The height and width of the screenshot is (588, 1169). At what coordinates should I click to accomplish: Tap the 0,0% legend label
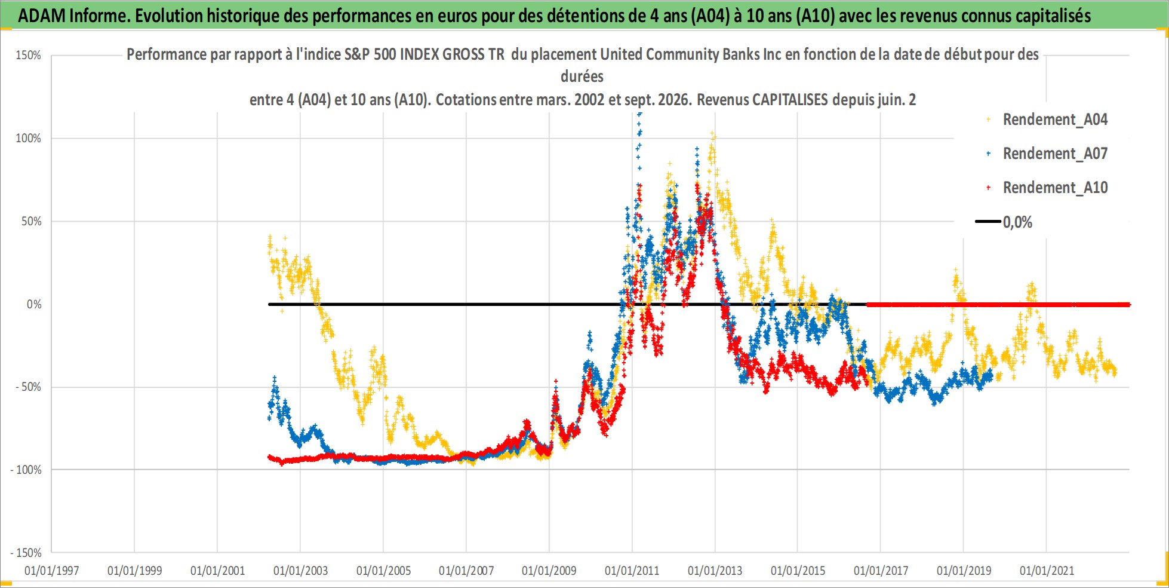pos(1017,222)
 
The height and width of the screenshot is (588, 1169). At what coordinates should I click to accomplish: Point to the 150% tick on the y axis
pos(28,56)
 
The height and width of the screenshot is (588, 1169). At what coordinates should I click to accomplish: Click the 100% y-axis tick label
pos(28,138)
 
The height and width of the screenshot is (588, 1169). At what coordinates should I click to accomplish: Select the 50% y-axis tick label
pos(31,221)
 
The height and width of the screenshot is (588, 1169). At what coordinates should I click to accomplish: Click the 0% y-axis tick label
pos(34,304)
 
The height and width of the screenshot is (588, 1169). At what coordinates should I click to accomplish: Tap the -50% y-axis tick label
pos(28,387)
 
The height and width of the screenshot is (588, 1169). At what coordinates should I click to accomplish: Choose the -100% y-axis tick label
pos(26,470)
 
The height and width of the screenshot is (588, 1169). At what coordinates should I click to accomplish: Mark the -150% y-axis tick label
pos(26,553)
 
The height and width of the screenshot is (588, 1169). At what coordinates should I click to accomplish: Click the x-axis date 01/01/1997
pos(52,571)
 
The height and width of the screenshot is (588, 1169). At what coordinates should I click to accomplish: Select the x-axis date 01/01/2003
pos(300,571)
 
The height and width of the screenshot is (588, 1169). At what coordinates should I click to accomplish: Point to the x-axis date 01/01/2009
pos(549,571)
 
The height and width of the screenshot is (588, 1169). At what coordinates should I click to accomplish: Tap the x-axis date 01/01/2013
pos(715,571)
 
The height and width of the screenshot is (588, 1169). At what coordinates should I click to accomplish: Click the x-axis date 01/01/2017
pos(881,571)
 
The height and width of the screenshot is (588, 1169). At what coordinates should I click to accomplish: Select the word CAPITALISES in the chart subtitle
pos(790,99)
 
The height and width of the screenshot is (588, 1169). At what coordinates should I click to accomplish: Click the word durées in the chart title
pos(582,76)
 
